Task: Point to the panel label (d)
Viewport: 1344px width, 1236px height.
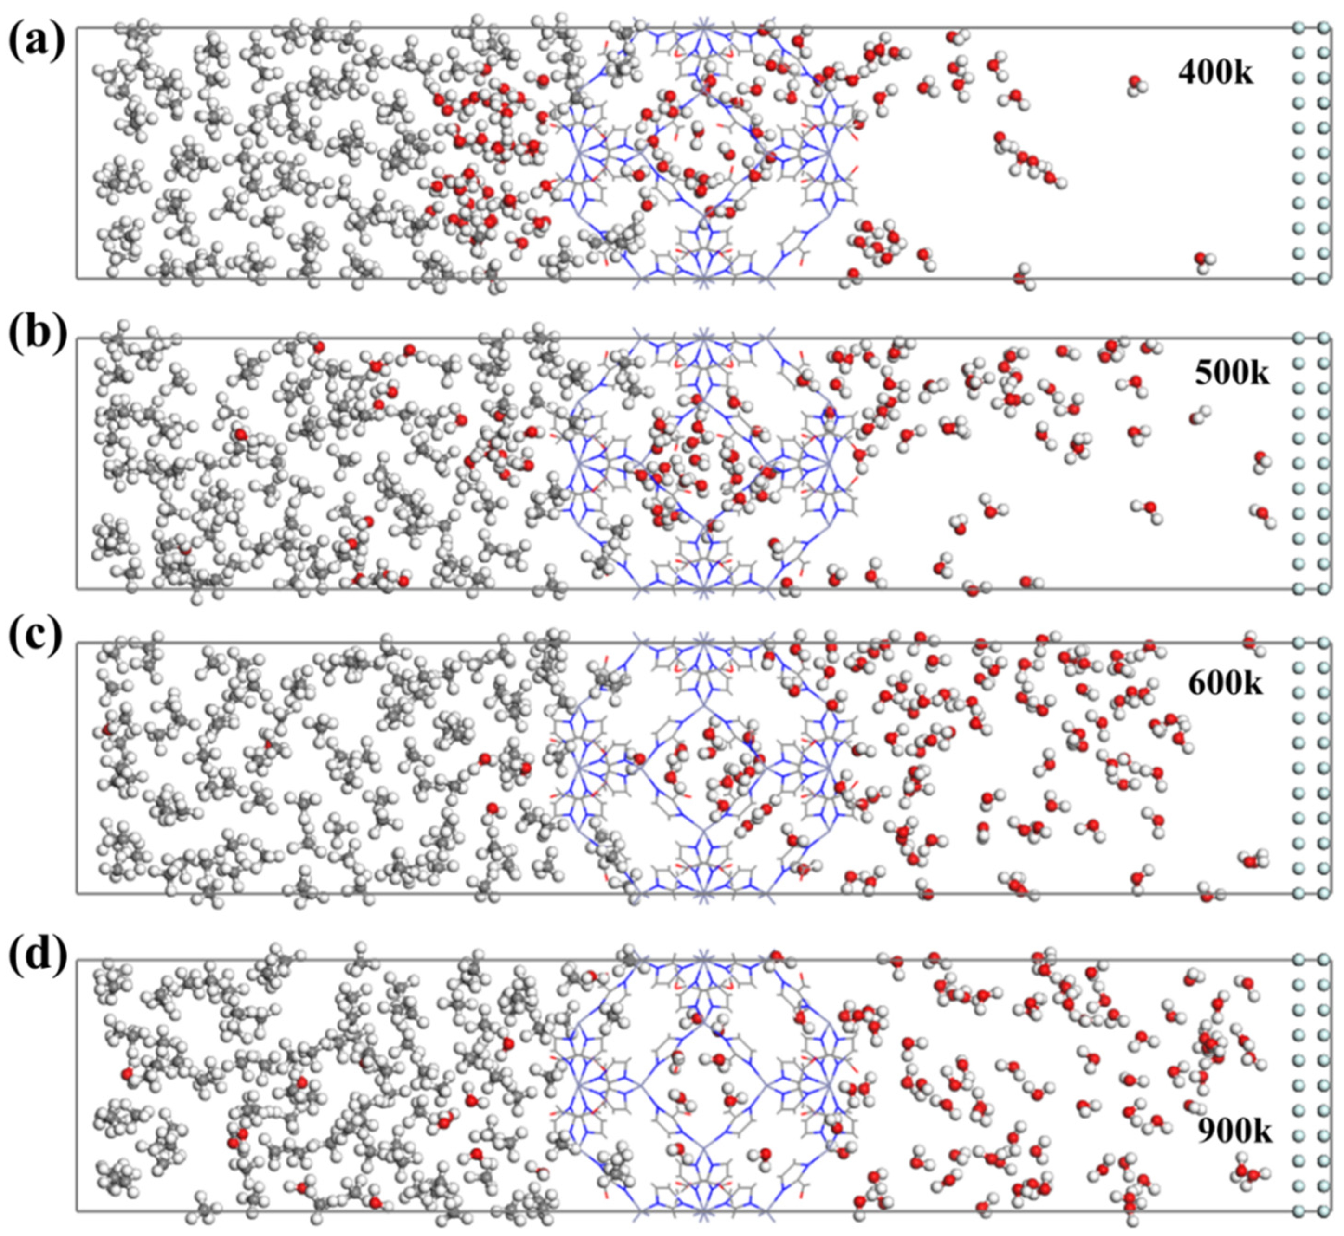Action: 37,953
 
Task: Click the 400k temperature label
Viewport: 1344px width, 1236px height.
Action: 1215,73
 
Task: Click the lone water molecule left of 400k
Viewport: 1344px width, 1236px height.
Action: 1135,84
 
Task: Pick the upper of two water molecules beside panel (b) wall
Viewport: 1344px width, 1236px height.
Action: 1260,460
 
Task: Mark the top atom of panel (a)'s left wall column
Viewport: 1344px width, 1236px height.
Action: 1299,28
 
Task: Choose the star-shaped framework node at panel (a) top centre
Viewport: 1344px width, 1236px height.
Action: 703,28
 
